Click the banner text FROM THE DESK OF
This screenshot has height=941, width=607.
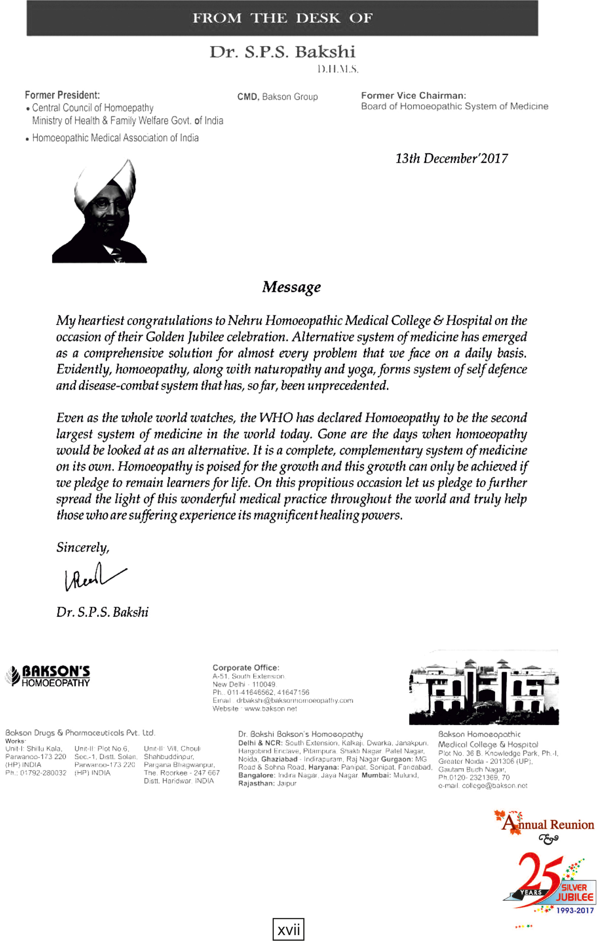[x=282, y=18]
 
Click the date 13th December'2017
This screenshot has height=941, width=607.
[x=451, y=158]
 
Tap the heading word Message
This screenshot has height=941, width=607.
[x=291, y=287]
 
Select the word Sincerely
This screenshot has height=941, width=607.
[x=82, y=547]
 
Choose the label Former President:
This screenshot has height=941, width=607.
[x=62, y=95]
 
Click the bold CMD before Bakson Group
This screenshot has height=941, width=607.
[x=248, y=97]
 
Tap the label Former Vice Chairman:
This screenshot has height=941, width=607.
[x=414, y=95]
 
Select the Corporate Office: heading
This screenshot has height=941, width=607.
[x=245, y=668]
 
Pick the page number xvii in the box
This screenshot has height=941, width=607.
[x=289, y=930]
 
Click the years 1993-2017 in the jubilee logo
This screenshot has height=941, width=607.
[x=575, y=910]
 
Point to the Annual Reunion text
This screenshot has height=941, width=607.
[x=549, y=825]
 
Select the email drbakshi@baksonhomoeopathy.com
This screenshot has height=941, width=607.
[x=294, y=700]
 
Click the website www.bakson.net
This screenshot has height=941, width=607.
[x=270, y=709]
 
